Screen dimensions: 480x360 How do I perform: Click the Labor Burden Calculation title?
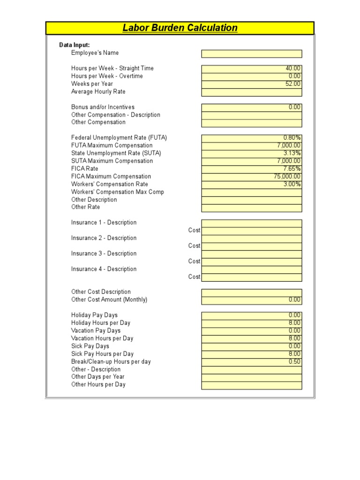180,28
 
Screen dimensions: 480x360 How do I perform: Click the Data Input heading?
74,45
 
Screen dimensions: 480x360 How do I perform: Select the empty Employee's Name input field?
252,53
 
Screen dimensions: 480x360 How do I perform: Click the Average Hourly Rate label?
98,91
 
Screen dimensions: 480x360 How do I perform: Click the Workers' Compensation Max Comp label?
118,192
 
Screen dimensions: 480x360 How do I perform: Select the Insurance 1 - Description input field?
252,223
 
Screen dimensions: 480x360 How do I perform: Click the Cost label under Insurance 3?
194,261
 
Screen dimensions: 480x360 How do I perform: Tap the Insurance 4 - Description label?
104,269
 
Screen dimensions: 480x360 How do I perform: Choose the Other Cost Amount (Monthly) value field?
252,300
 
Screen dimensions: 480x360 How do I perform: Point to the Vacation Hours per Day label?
102,338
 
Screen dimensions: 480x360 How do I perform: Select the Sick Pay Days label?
91,346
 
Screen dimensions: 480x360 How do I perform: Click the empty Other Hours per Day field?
252,385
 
